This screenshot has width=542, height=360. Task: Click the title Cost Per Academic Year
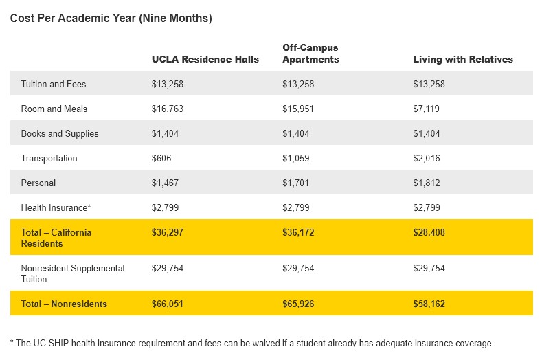pos(111,19)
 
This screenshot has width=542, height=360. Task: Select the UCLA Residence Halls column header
pos(205,59)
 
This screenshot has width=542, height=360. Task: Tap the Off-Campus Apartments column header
pos(310,54)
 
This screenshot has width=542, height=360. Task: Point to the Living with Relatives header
pos(462,59)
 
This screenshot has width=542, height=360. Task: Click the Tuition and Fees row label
pos(54,84)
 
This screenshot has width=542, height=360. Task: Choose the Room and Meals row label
pos(54,109)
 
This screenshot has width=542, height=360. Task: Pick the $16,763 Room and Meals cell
pos(167,109)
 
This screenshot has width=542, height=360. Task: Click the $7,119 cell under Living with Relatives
pos(426,109)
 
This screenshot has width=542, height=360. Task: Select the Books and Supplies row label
pos(60,133)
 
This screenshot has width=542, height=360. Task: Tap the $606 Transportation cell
pos(161,158)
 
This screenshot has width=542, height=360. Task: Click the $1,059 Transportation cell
pos(295,158)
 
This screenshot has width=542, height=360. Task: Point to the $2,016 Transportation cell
pos(427,158)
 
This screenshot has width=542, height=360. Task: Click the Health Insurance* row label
pos(55,207)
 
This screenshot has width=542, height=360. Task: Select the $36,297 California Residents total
pos(168,232)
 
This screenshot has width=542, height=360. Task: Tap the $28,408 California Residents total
pos(429,232)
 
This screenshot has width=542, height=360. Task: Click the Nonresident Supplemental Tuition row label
pos(72,273)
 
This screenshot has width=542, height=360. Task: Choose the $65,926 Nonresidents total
pos(299,304)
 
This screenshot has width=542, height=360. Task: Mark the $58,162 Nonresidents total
pos(429,304)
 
